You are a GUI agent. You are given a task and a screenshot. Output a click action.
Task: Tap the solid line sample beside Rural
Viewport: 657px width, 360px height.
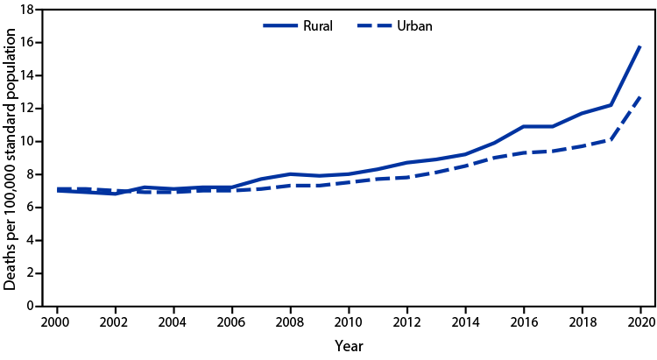pyautogui.click(x=282, y=25)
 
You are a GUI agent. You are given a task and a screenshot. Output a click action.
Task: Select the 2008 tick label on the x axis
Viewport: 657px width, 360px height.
pyautogui.click(x=289, y=321)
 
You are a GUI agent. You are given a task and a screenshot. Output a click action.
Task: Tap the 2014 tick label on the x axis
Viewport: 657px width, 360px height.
pyautogui.click(x=465, y=321)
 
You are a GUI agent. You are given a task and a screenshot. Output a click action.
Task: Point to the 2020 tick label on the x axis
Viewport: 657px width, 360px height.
pyautogui.click(x=640, y=321)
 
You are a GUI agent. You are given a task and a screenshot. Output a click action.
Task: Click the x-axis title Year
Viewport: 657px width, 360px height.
pyautogui.click(x=348, y=346)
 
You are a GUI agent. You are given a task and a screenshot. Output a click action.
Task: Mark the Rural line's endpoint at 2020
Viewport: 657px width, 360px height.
pyautogui.click(x=640, y=46)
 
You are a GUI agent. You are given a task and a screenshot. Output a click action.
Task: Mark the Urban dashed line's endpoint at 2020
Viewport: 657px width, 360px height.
pyautogui.click(x=640, y=96)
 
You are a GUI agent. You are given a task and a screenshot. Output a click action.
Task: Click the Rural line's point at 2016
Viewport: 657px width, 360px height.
pyautogui.click(x=523, y=126)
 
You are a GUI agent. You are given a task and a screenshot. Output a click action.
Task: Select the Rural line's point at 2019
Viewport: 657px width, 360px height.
pyautogui.click(x=611, y=105)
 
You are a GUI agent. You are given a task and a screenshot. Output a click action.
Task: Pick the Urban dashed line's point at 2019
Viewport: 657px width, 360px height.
pyautogui.click(x=611, y=139)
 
